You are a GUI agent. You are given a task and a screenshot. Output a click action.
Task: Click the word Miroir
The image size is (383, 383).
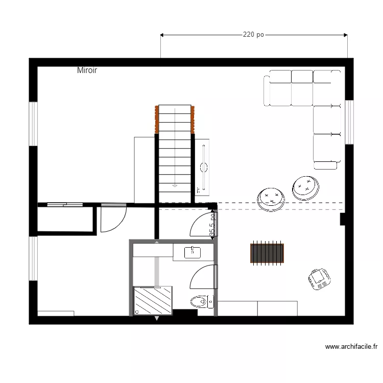pyautogui.click(x=87, y=70)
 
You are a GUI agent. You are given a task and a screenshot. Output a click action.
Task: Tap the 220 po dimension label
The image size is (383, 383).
pyautogui.click(x=253, y=35)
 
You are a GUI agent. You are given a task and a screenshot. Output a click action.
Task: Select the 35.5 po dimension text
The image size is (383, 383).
pyautogui.click(x=212, y=225)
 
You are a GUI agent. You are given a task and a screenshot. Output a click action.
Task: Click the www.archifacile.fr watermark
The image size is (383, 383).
pyautogui.click(x=351, y=347)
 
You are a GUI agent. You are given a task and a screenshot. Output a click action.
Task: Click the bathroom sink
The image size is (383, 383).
pyautogui.click(x=193, y=251)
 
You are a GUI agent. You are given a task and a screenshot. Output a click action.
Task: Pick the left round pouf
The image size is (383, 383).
pyautogui.click(x=271, y=199)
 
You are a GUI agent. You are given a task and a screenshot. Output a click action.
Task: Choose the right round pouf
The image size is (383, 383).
pyautogui.click(x=305, y=187)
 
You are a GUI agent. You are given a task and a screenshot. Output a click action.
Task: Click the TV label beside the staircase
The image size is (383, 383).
pyautogui.click(x=198, y=190)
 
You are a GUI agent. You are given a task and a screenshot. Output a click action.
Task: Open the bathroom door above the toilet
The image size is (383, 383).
pyautogui.click(x=203, y=277)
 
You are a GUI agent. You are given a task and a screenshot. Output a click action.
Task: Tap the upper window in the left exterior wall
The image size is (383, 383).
pyautogui.click(x=33, y=124)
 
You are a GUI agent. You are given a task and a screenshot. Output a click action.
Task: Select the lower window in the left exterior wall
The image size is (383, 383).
pyautogui.click(x=33, y=258)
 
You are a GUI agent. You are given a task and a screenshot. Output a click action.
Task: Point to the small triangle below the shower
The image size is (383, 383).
pyautogui.click(x=156, y=319)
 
